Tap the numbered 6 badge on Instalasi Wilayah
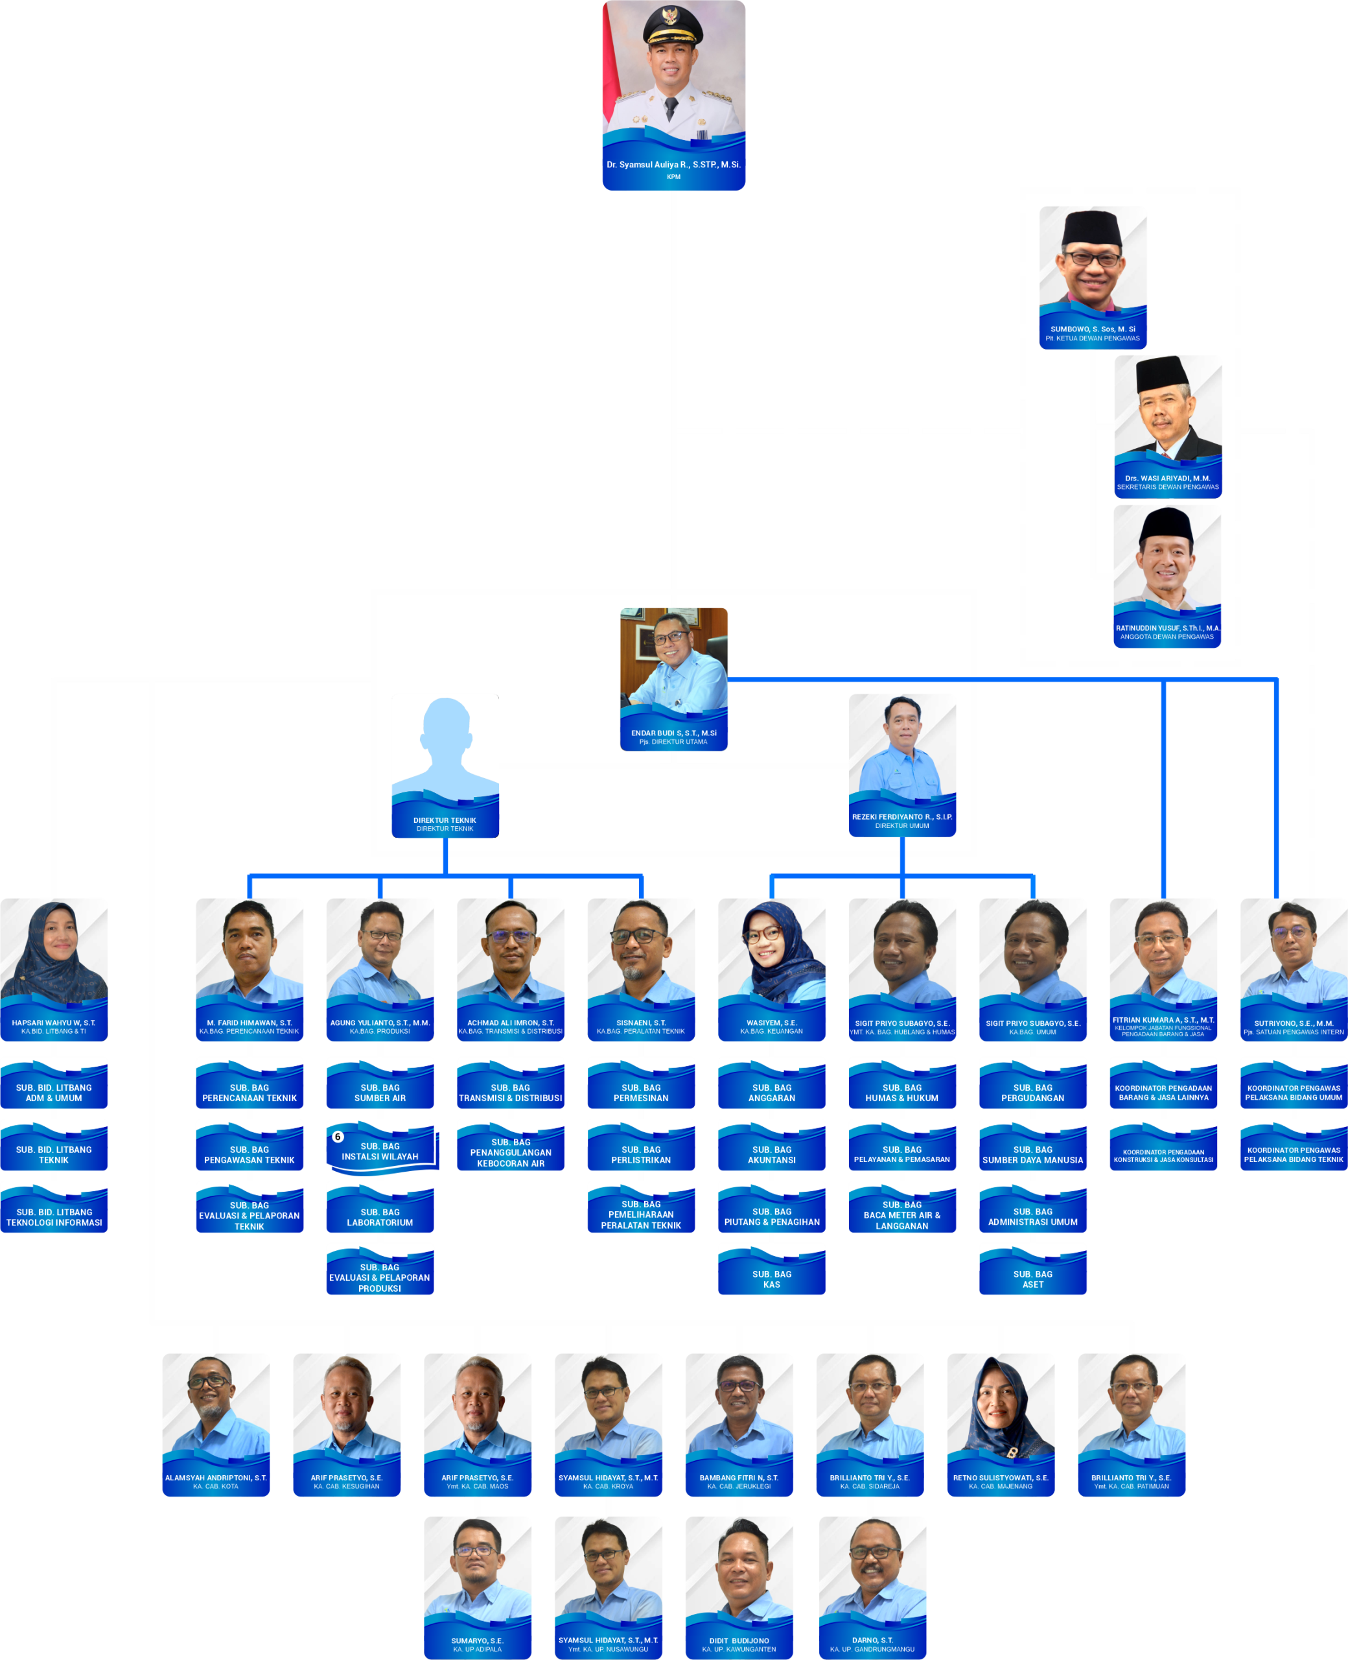(338, 1137)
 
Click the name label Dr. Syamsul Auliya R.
(673, 165)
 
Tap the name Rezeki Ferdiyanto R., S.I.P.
(901, 817)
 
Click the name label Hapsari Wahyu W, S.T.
(54, 1023)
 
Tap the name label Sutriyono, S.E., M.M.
(1293, 1023)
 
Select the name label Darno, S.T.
(872, 1641)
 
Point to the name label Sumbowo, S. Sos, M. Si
(1093, 329)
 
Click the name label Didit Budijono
(738, 1641)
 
